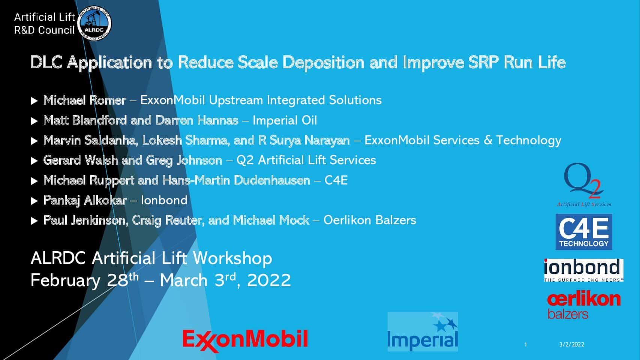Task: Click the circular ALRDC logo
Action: click(94, 23)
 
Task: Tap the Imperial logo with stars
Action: click(423, 332)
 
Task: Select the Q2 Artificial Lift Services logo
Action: click(584, 184)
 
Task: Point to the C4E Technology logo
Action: click(584, 232)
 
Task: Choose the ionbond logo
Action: click(583, 270)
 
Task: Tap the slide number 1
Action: click(525, 345)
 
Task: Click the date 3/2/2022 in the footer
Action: click(572, 345)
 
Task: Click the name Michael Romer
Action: click(85, 100)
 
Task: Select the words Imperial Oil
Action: click(285, 121)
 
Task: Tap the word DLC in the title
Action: click(46, 62)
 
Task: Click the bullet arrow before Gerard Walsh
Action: click(34, 161)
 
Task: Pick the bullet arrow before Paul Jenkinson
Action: click(34, 221)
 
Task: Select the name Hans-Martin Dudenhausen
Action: click(236, 180)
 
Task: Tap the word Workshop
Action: click(232, 259)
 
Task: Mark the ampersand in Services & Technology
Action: click(488, 140)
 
